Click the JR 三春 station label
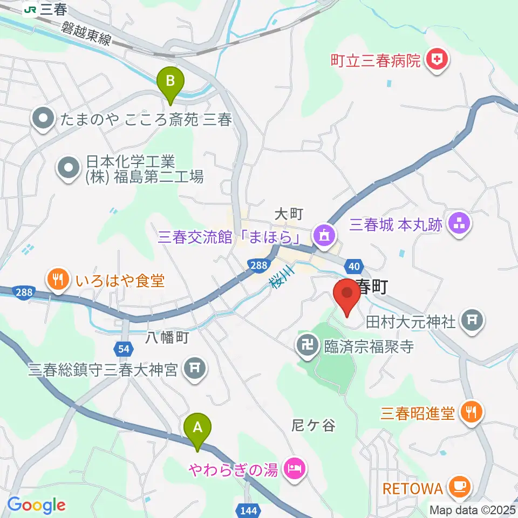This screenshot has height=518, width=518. click(45, 9)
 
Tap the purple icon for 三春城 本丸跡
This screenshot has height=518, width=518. click(459, 223)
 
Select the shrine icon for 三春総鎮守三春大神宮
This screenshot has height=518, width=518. click(195, 369)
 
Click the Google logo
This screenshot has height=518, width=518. click(36, 505)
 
